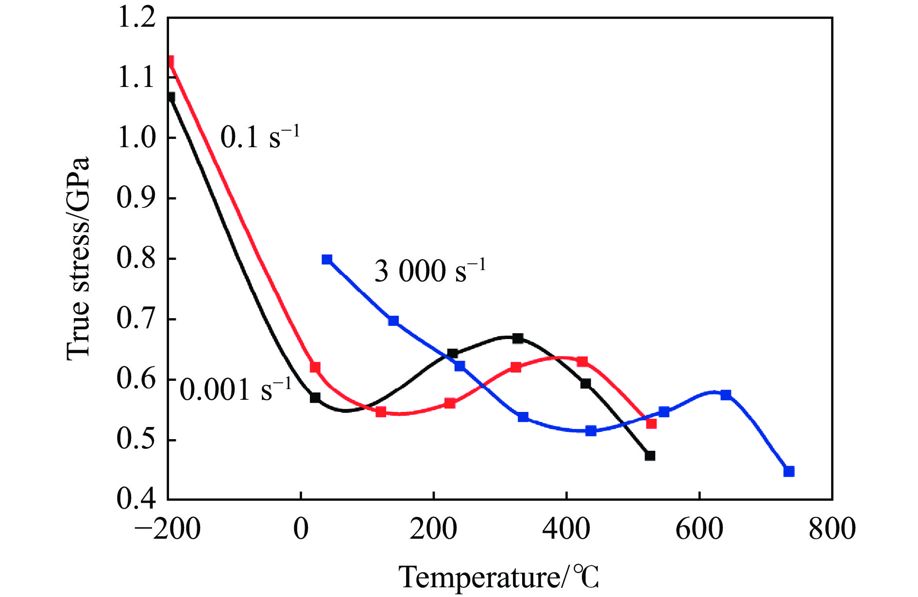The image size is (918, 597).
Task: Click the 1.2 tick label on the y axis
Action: pyautogui.click(x=136, y=17)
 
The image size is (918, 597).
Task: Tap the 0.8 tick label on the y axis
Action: pyautogui.click(x=136, y=258)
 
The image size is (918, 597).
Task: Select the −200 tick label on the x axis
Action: pyautogui.click(x=167, y=529)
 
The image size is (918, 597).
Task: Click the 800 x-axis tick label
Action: pyautogui.click(x=832, y=529)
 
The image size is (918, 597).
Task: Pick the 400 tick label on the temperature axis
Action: pyautogui.click(x=566, y=529)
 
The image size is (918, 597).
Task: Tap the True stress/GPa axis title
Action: pyautogui.click(x=78, y=258)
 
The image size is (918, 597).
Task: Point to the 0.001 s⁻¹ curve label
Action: pyautogui.click(x=236, y=389)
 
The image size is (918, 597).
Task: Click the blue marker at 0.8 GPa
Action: pyautogui.click(x=327, y=259)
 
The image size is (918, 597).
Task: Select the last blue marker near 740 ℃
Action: pyautogui.click(x=789, y=471)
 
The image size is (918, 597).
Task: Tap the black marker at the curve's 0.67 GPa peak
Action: pyautogui.click(x=518, y=338)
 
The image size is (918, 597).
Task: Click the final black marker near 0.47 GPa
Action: pyautogui.click(x=650, y=456)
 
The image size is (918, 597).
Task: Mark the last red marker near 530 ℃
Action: pyautogui.click(x=651, y=424)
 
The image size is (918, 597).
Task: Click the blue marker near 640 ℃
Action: pyautogui.click(x=726, y=394)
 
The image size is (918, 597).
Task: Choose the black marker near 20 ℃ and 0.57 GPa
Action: pyautogui.click(x=315, y=397)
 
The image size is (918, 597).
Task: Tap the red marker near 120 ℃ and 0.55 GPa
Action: pyautogui.click(x=381, y=412)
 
